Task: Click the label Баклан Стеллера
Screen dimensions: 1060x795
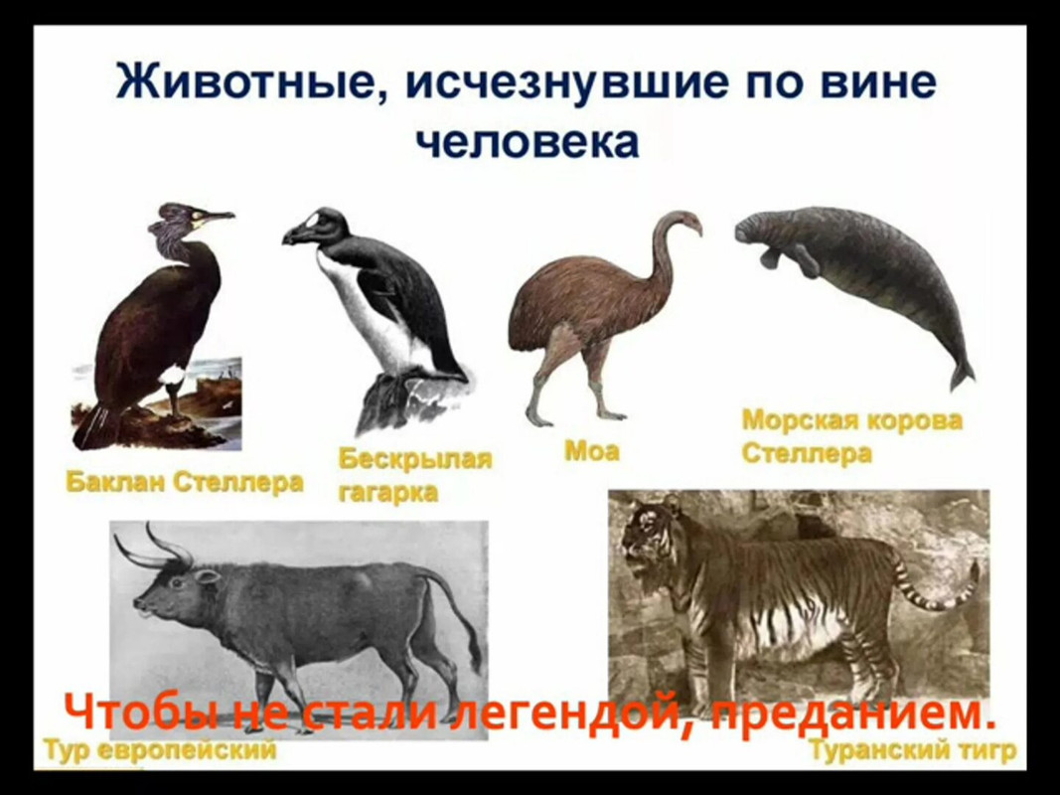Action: [x=185, y=483]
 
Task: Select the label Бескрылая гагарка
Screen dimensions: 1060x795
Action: [x=414, y=475]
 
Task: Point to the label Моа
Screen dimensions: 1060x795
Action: [x=591, y=450]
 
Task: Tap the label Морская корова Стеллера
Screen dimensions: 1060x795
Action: [x=851, y=436]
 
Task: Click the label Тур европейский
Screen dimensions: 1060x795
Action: [x=160, y=750]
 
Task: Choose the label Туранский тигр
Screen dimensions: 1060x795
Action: [x=912, y=750]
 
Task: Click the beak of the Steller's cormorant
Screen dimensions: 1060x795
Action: [x=216, y=217]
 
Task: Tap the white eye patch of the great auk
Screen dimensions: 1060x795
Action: [x=312, y=221]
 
